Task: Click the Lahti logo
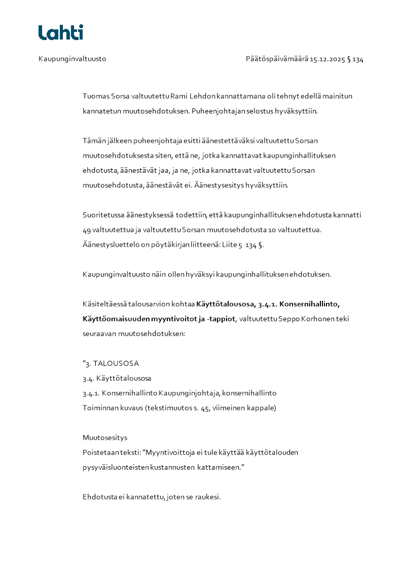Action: click(61, 32)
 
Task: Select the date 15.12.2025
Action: click(327, 59)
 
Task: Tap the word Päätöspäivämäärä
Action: click(277, 59)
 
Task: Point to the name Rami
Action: click(178, 96)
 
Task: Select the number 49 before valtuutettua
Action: click(87, 230)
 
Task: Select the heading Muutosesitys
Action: click(105, 437)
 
